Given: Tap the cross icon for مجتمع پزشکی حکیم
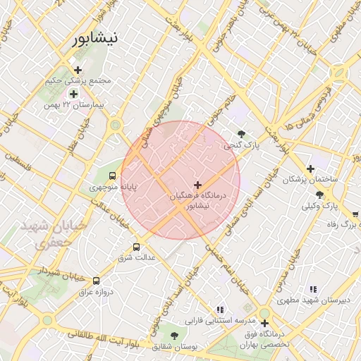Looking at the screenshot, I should click(78, 69).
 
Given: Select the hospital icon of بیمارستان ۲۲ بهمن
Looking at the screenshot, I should click(73, 94).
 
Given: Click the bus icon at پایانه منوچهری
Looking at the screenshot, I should click(112, 176).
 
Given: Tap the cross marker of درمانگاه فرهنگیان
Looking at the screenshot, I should click(197, 184).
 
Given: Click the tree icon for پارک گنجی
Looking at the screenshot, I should click(242, 134).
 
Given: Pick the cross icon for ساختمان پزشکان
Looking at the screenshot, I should click(310, 169).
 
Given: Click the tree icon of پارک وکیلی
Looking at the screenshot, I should click(319, 195).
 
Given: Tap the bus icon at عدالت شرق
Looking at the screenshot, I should click(136, 247).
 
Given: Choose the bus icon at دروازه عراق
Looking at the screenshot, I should click(97, 281).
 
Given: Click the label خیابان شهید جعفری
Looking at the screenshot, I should click(49, 233).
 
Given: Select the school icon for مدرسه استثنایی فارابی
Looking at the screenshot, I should click(221, 309).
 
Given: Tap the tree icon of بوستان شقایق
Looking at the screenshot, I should click(174, 336).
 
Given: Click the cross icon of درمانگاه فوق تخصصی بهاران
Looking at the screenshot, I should click(264, 323).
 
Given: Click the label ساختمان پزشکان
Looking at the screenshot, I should click(310, 180).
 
